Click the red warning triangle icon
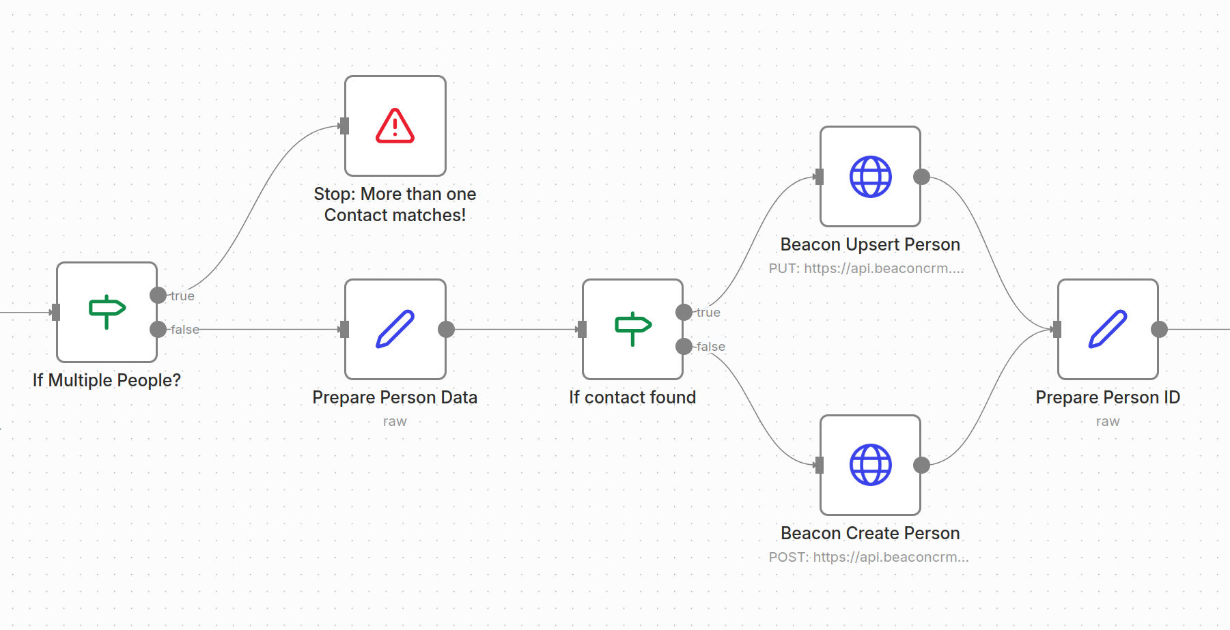[x=395, y=126]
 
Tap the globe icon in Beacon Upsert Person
[x=870, y=177]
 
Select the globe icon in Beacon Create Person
[x=870, y=465]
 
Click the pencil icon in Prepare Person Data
[x=395, y=329]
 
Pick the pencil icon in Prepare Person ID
[x=1107, y=329]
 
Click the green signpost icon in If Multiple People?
[x=107, y=311]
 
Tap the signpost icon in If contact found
[x=633, y=328]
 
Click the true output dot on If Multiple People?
[x=158, y=295]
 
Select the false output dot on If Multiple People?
[x=158, y=329]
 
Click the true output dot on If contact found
[x=684, y=312]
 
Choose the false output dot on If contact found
[x=684, y=346]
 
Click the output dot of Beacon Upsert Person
[x=921, y=177]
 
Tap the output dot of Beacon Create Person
[x=921, y=465]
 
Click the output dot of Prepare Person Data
[x=446, y=329]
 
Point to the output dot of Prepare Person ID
[x=1159, y=329]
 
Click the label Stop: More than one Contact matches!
[x=395, y=204]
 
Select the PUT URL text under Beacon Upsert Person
[x=866, y=268]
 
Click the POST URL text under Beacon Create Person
[x=868, y=557]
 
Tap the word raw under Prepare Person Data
[x=395, y=421]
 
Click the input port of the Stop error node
[x=344, y=126]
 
